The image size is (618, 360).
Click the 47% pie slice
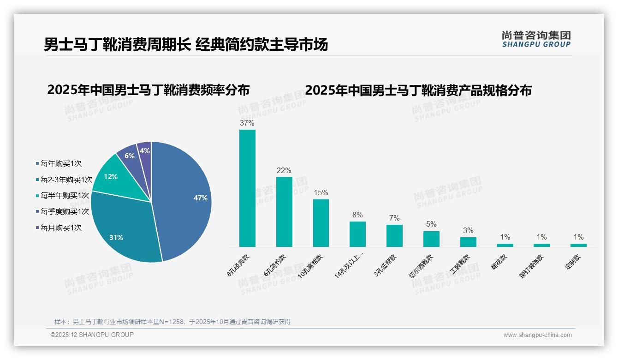click(x=184, y=198)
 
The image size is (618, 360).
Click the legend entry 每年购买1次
click(x=61, y=163)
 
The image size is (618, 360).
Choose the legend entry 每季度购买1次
click(x=65, y=211)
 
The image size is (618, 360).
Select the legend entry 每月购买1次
click(x=61, y=228)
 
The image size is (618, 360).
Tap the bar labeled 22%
click(x=284, y=212)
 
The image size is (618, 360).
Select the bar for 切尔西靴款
click(x=431, y=239)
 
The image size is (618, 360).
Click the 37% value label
click(x=247, y=123)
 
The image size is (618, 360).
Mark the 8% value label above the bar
click(x=357, y=215)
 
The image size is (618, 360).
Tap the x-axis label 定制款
click(x=573, y=262)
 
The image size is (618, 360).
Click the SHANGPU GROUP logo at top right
click(x=536, y=39)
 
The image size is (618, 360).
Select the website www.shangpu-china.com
click(x=537, y=335)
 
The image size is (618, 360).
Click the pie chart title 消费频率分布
click(x=148, y=90)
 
